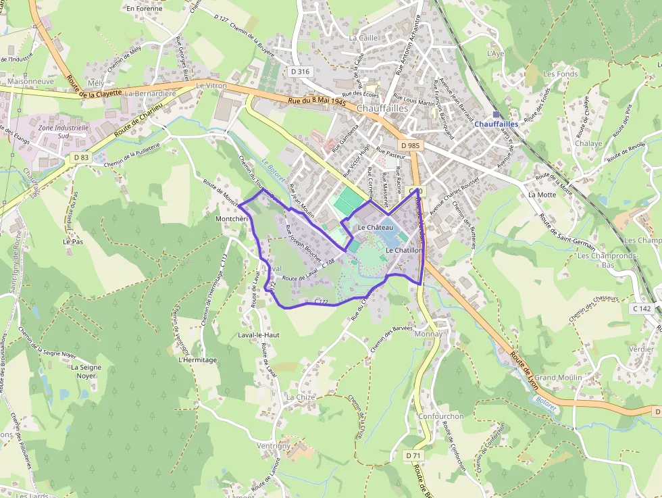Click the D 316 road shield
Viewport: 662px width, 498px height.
[x=301, y=72]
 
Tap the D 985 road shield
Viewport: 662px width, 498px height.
[x=409, y=146]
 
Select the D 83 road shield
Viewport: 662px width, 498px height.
[x=81, y=157]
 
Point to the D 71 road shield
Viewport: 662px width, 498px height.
[x=414, y=455]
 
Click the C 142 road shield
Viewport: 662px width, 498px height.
[x=641, y=308]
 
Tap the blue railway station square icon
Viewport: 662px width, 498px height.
[x=496, y=115]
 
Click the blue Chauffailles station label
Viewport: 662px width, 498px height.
[x=496, y=124]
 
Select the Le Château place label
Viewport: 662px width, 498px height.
[x=376, y=228]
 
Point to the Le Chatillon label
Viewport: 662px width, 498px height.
[x=404, y=251]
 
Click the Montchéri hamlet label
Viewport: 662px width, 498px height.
[x=232, y=220]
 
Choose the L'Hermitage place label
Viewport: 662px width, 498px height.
[x=198, y=360]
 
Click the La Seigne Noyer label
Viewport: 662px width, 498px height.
[x=86, y=372]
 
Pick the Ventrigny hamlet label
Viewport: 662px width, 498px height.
[x=274, y=446]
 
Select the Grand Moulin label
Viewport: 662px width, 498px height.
[x=555, y=377]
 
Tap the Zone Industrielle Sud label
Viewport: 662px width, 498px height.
[x=63, y=131]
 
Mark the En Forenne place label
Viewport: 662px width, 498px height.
[x=145, y=9]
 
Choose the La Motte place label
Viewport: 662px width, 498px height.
[x=542, y=195]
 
